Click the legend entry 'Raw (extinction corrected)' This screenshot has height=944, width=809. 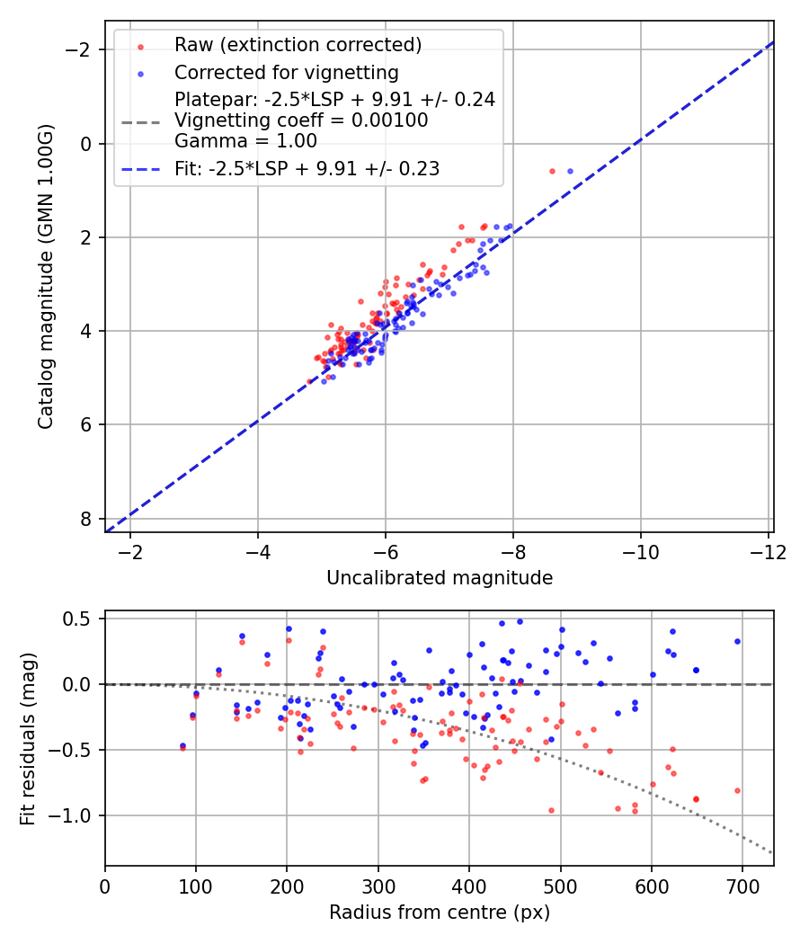(x=298, y=45)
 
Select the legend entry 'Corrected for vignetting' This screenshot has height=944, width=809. (x=286, y=73)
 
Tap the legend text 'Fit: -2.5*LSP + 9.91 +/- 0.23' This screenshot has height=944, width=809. (x=307, y=168)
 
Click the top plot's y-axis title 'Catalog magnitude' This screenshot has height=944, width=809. (x=46, y=277)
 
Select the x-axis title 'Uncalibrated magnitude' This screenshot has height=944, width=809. (x=439, y=577)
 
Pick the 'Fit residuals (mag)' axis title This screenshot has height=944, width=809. (x=27, y=737)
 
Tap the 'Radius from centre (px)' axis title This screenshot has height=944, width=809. (x=439, y=913)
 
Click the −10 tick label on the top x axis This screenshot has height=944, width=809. (x=640, y=550)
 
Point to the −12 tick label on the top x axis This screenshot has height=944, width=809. (x=767, y=550)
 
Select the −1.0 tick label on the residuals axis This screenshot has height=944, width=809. (x=75, y=815)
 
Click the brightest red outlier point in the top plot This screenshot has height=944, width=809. (x=552, y=171)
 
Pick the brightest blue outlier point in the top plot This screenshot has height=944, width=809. (x=570, y=171)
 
